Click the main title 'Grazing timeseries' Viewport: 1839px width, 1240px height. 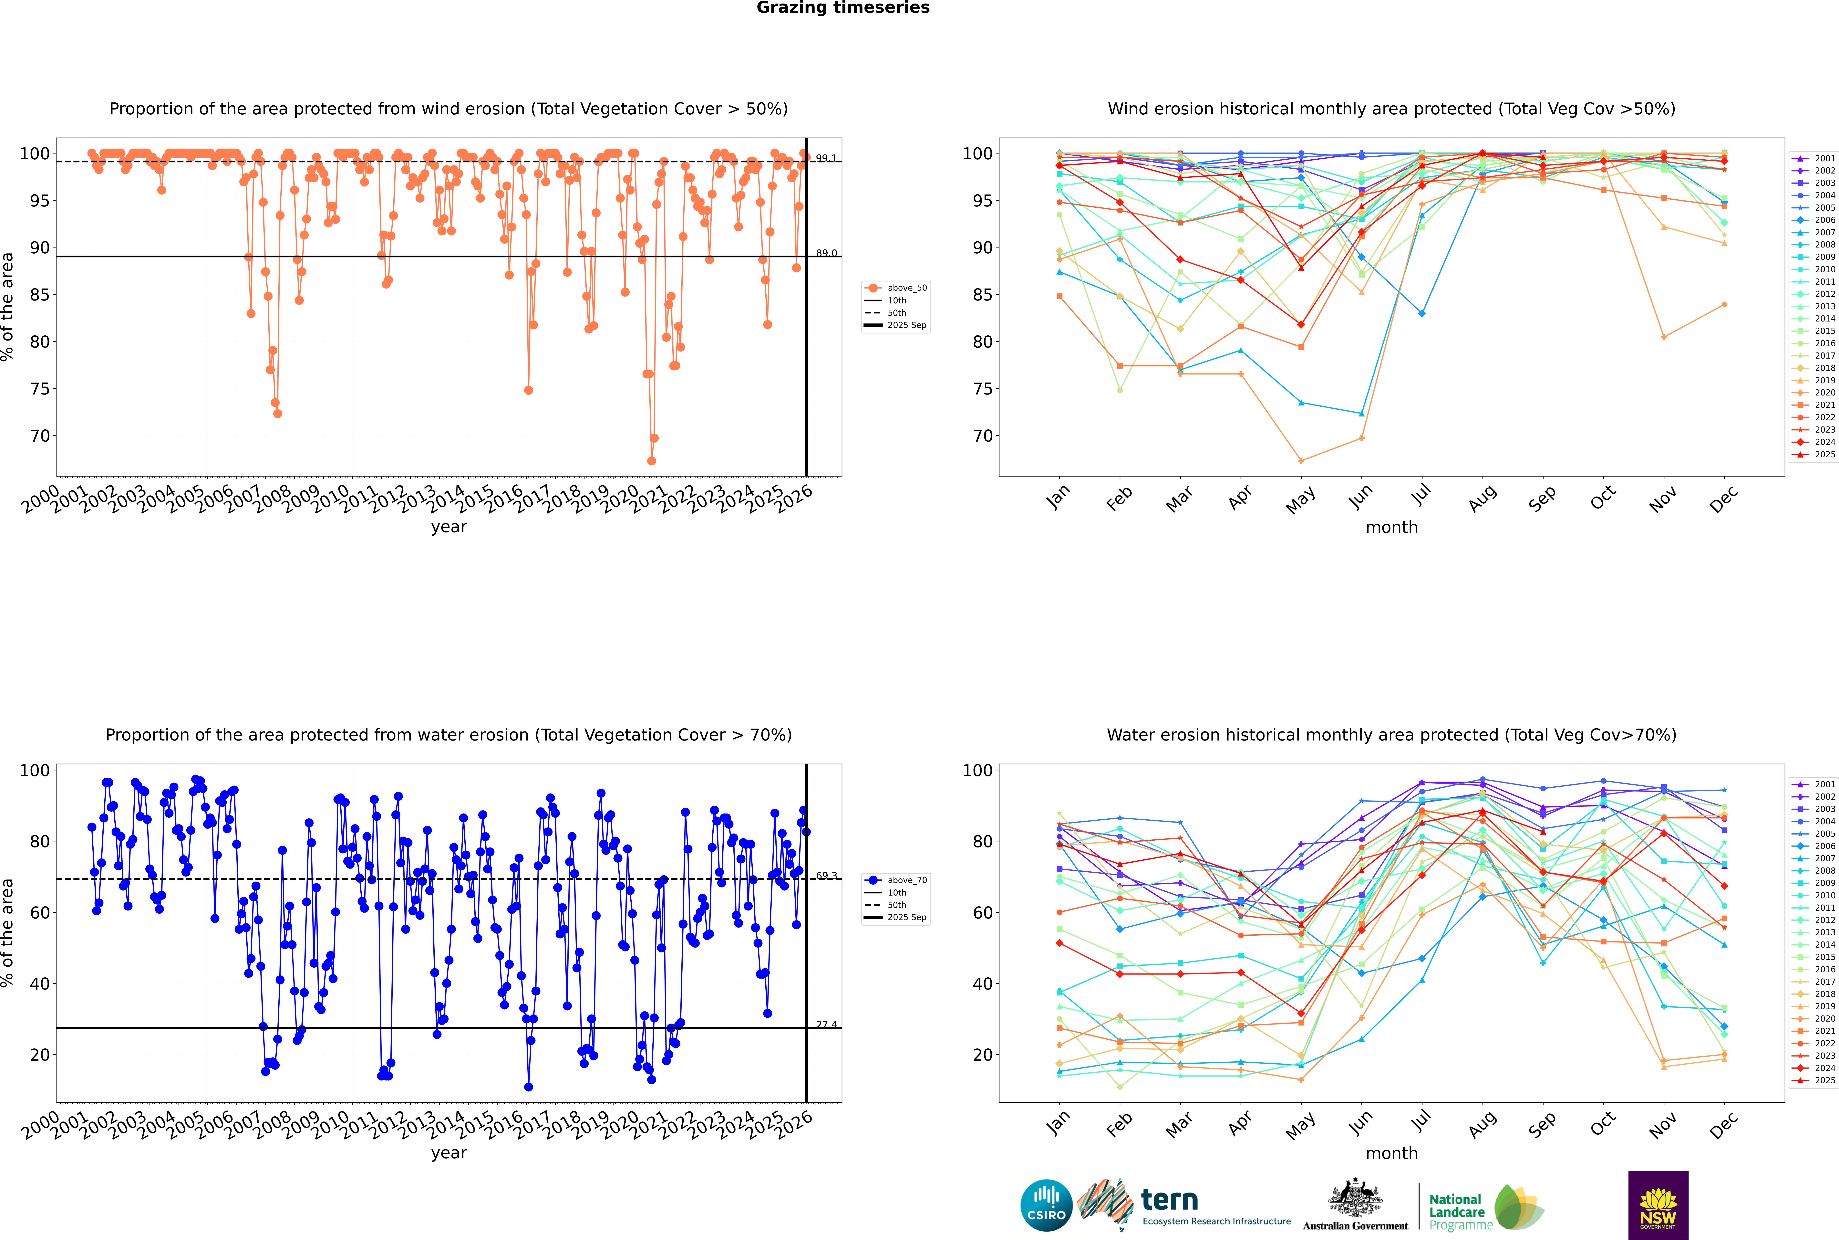(x=843, y=8)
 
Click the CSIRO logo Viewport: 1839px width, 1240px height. (x=1046, y=1205)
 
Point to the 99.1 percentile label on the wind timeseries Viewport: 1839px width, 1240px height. (x=826, y=158)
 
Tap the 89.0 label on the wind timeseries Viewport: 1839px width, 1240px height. (x=826, y=253)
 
